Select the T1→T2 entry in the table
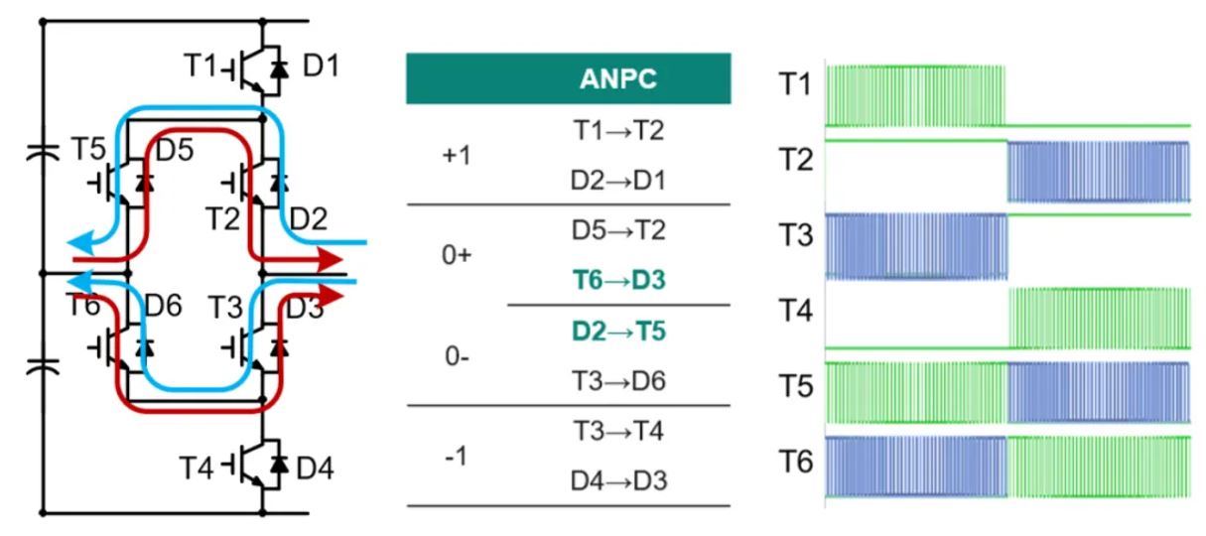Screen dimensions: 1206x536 (618, 131)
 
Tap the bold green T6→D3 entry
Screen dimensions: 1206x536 (618, 280)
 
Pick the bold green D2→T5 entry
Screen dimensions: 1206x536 (618, 331)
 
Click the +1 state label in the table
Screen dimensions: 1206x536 (457, 156)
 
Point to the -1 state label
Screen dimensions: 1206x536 (457, 457)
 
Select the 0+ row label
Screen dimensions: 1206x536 (457, 254)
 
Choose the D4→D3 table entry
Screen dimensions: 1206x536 (618, 480)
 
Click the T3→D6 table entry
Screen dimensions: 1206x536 (618, 380)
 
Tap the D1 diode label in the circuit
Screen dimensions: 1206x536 (321, 66)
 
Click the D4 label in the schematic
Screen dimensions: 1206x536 (315, 469)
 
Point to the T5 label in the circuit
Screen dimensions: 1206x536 (88, 149)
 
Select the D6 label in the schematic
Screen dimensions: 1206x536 (163, 306)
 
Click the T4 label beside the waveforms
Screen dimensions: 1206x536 (796, 311)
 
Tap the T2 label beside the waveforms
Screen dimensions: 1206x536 (796, 160)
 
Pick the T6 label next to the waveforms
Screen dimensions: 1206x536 (796, 462)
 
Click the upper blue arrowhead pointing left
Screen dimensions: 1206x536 (80, 243)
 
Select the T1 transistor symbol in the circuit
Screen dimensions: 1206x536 (254, 69)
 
